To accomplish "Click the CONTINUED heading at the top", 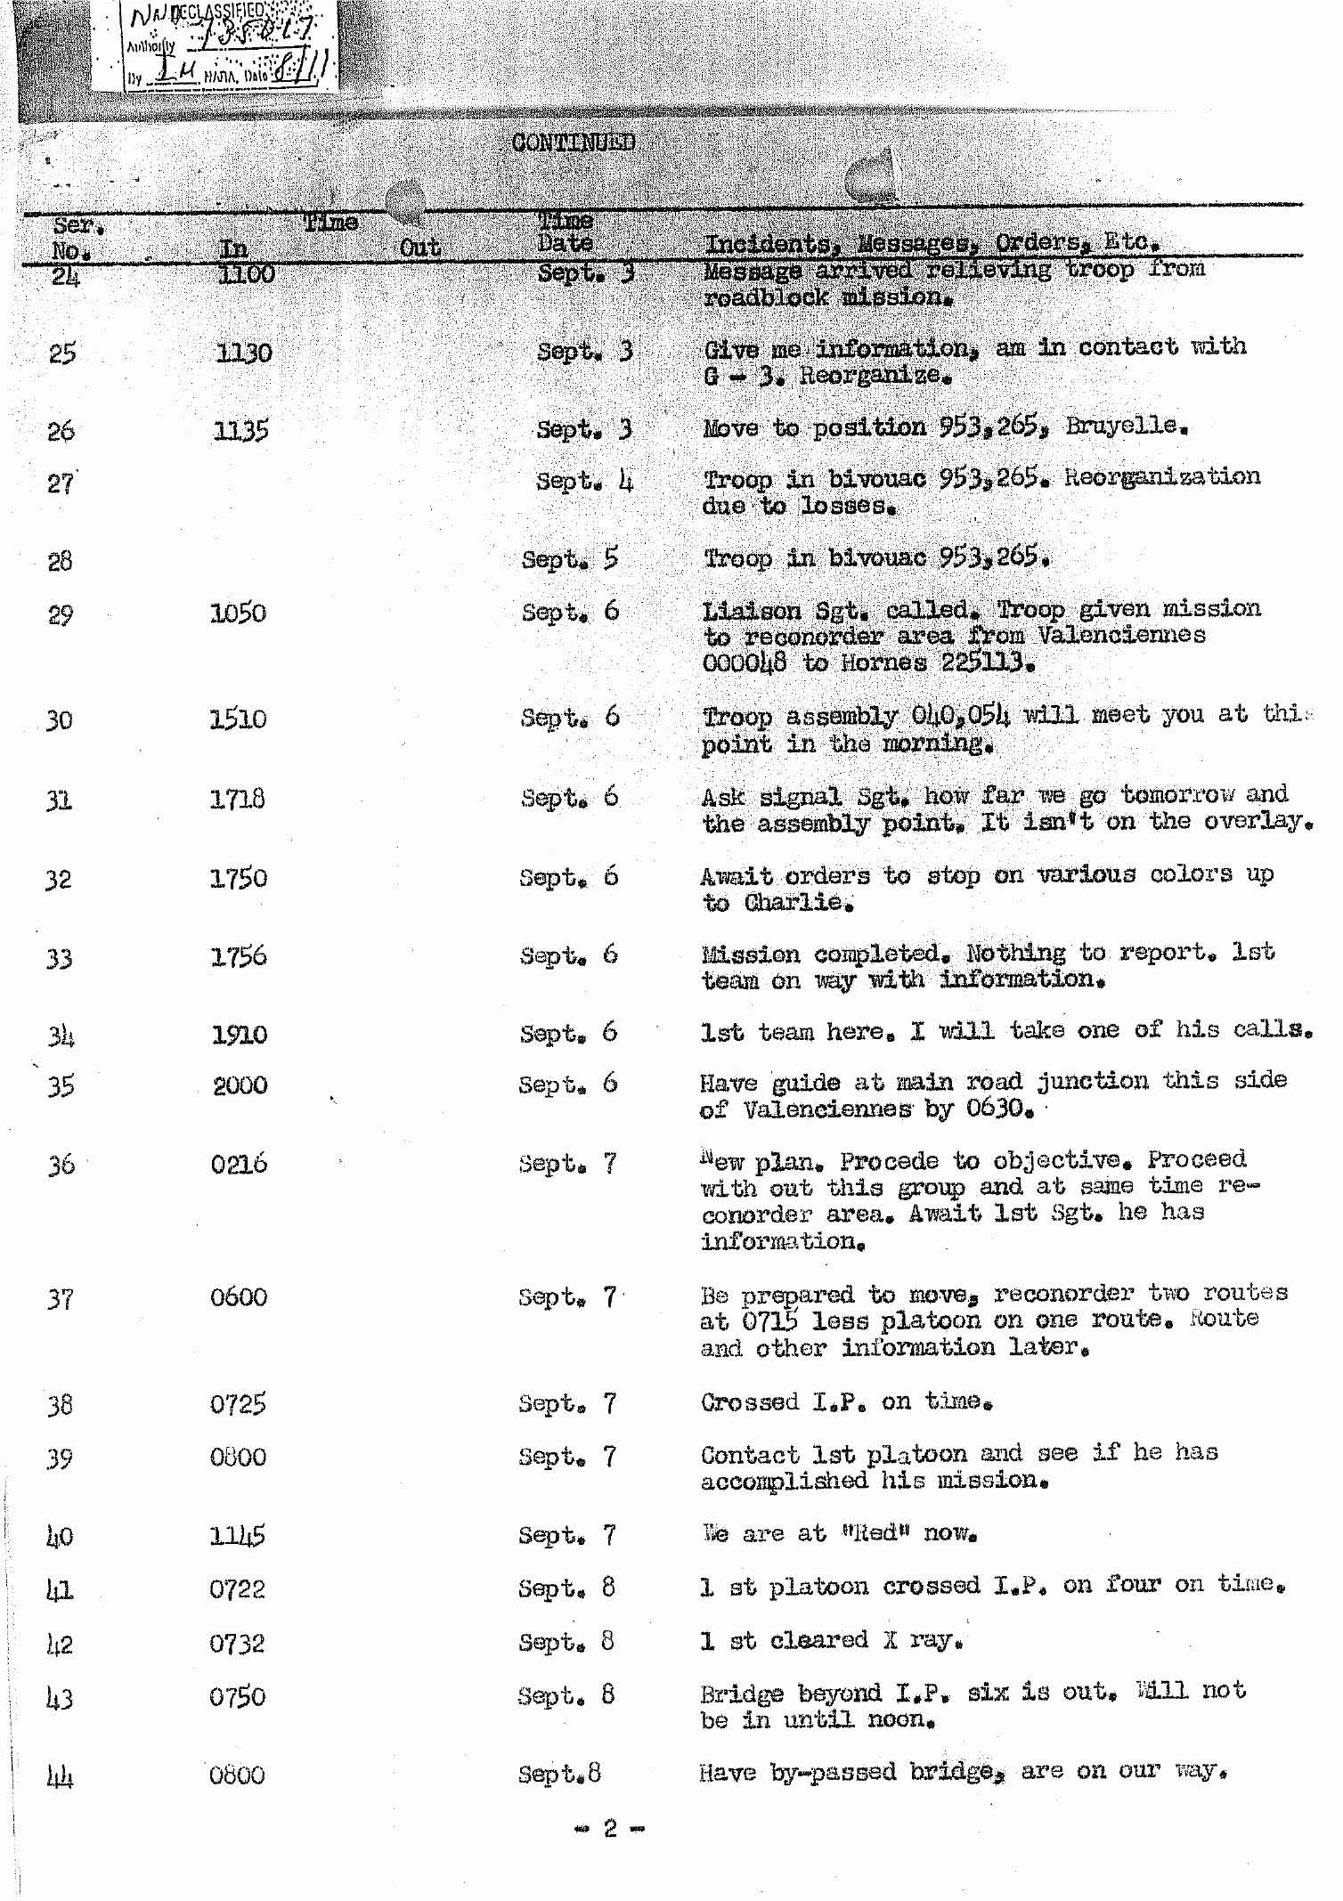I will click(573, 142).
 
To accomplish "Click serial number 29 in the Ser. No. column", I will click(61, 614).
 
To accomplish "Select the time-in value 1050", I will click(238, 613).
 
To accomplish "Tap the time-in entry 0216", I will click(239, 1164).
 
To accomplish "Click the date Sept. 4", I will click(584, 482).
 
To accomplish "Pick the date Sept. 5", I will click(570, 559).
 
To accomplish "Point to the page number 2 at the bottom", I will click(610, 1828).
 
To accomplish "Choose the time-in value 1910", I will click(239, 1034).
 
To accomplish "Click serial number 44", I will click(60, 1776).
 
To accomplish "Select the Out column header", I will click(419, 248).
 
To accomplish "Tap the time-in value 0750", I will click(237, 1696).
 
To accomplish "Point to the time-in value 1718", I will click(237, 799).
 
